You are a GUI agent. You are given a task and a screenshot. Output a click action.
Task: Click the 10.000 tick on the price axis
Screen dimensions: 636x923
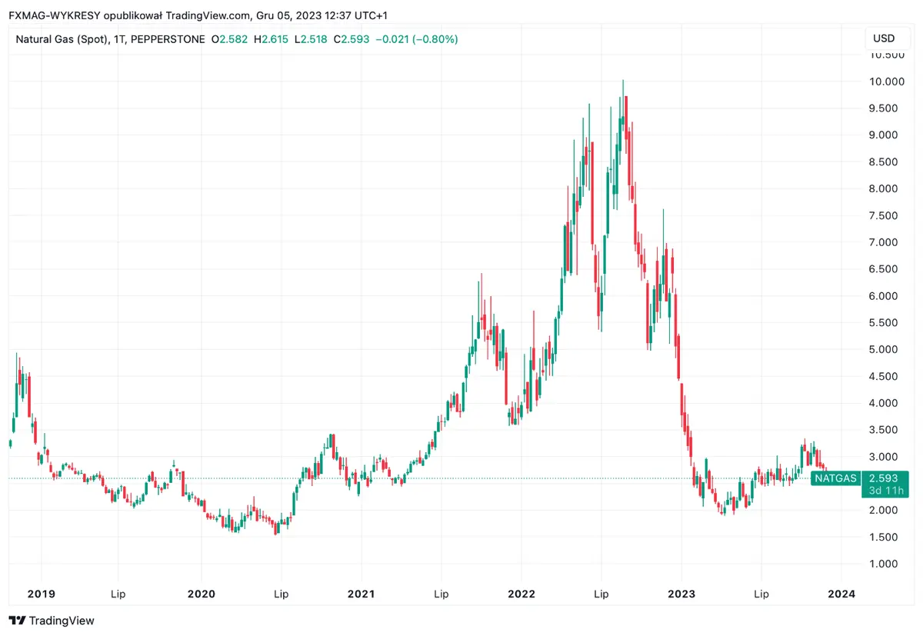tap(884, 82)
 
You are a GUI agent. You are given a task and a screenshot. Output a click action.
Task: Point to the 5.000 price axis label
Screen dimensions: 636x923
tap(884, 349)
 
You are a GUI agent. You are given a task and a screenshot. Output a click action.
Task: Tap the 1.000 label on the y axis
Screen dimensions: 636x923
tap(884, 564)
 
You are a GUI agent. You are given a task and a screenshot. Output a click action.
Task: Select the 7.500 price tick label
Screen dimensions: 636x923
tap(884, 215)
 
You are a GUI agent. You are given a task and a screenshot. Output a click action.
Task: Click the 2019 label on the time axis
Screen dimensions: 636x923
tap(41, 594)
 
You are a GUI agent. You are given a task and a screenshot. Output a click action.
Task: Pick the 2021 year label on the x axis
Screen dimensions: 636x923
tap(361, 594)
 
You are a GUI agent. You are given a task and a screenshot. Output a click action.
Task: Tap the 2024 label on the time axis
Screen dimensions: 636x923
tap(841, 594)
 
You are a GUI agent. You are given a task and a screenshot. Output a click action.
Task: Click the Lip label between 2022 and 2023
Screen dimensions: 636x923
tap(601, 594)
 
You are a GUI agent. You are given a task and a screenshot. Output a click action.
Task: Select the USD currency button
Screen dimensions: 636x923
tap(884, 38)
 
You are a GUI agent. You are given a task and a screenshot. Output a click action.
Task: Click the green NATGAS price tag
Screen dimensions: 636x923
tap(836, 478)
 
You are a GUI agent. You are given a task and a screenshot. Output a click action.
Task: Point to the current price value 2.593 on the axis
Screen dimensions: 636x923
tap(884, 478)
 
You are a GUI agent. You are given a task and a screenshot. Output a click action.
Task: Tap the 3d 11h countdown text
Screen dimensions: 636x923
tap(884, 491)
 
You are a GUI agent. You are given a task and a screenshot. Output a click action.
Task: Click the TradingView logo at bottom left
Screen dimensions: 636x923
tap(52, 621)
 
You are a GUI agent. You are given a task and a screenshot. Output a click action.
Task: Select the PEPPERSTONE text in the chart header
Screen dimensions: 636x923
tap(168, 38)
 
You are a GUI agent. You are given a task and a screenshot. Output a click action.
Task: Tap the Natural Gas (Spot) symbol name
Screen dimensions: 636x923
tap(62, 38)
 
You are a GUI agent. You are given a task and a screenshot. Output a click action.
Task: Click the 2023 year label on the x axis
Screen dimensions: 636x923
tap(681, 594)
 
